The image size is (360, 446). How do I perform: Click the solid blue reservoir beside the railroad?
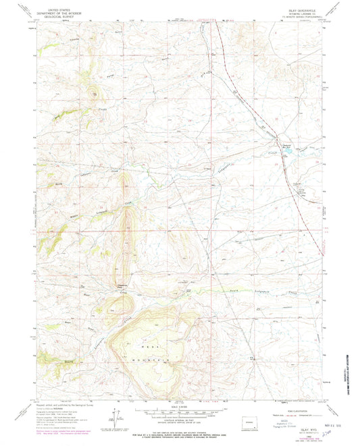pyautogui.click(x=289, y=152)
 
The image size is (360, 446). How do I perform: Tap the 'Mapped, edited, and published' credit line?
pyautogui.click(x=64, y=404)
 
